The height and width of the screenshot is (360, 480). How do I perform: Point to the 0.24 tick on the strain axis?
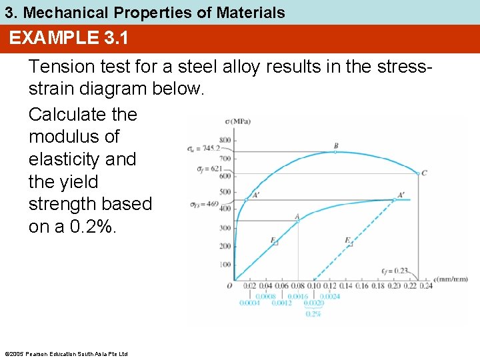coord(426,286)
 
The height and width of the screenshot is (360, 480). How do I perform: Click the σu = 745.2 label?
coord(203,148)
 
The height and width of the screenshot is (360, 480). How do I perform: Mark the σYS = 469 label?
coord(204,203)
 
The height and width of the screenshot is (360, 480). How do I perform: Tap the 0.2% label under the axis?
coord(313,313)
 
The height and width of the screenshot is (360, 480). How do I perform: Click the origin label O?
coord(229,285)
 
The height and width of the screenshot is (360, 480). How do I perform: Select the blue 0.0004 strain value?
coord(251,303)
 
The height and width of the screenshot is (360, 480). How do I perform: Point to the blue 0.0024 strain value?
coord(329,295)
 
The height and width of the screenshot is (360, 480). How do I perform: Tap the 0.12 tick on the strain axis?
coord(329,286)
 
